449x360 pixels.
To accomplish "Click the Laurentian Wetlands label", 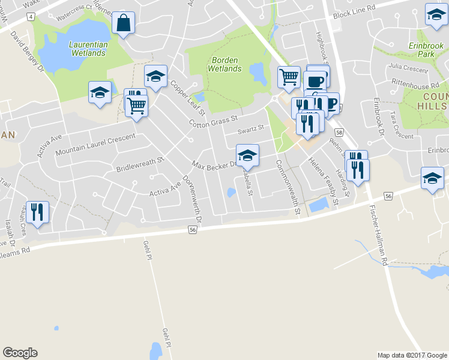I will (x=88, y=49).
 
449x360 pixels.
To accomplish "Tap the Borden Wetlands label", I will (x=224, y=64).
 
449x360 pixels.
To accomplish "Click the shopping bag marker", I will (x=123, y=24).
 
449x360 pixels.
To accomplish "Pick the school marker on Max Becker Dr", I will (x=247, y=155).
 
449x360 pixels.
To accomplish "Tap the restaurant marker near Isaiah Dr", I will (x=38, y=212).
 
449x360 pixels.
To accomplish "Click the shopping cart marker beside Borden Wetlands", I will (x=289, y=77).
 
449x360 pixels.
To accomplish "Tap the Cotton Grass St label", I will (x=214, y=118).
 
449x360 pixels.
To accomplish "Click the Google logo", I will (x=20, y=353).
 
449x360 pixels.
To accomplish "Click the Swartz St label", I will (x=250, y=129).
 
